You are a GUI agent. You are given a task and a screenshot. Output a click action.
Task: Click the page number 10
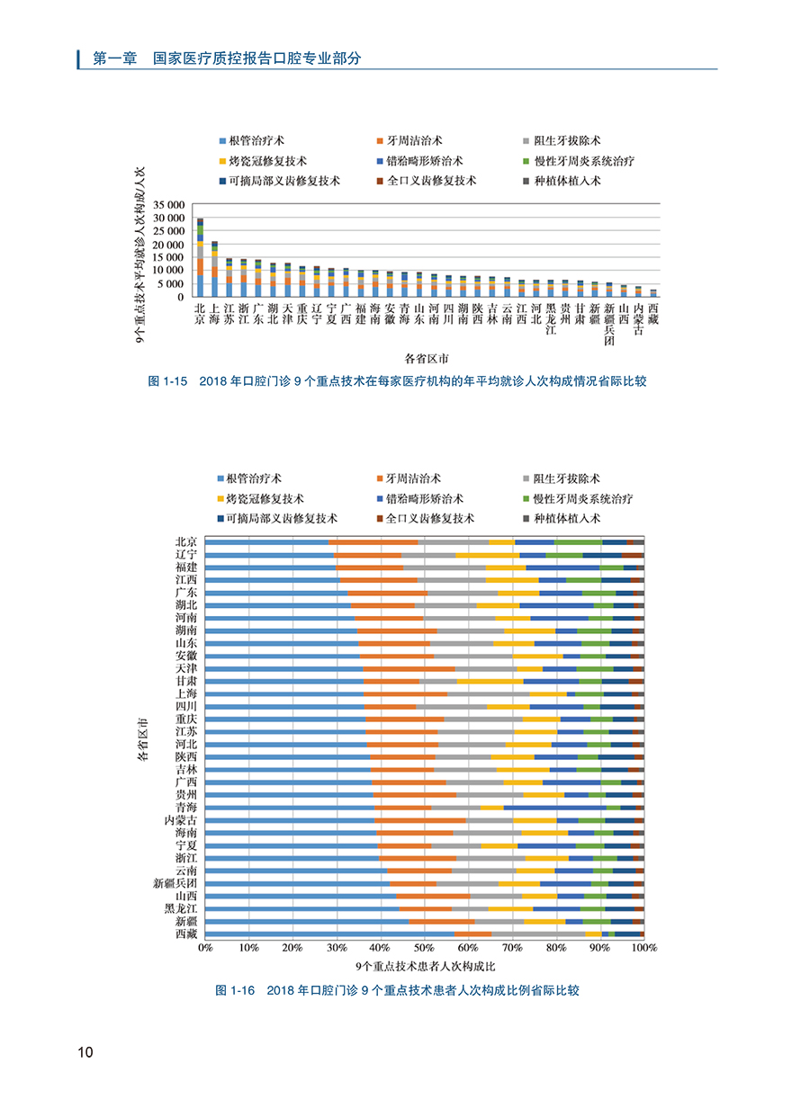click(x=85, y=1052)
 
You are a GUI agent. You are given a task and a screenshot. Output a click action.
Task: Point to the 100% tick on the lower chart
click(x=643, y=948)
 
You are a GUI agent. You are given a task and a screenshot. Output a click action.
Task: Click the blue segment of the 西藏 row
click(x=329, y=934)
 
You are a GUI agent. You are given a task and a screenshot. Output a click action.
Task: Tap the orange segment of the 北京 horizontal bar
click(x=373, y=542)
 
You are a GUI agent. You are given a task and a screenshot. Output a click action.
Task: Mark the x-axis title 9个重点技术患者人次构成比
click(x=424, y=967)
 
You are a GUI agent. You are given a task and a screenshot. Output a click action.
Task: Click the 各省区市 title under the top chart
click(x=427, y=358)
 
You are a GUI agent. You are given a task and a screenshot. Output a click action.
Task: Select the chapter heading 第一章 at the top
click(x=114, y=58)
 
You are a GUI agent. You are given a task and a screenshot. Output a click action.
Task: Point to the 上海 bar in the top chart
click(x=214, y=269)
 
